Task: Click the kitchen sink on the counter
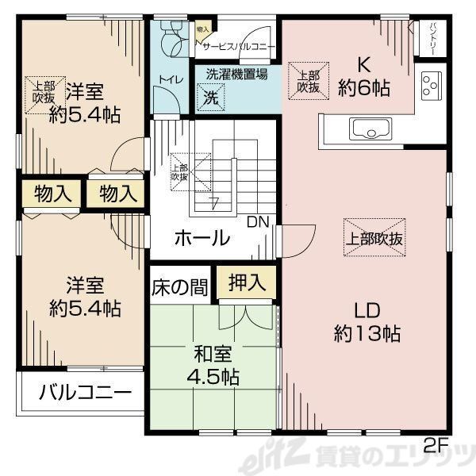[367, 129]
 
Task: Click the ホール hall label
[202, 237]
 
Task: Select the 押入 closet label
[247, 282]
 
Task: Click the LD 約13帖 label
[366, 321]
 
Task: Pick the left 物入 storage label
[47, 192]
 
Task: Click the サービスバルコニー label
[239, 47]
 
